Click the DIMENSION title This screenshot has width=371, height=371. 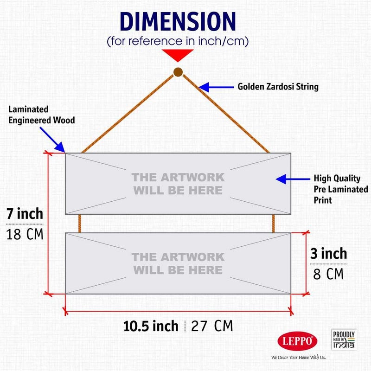(x=178, y=21)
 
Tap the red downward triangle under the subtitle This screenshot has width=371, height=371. (x=178, y=55)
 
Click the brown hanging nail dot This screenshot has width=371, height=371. (x=178, y=72)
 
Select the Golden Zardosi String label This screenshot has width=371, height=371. (x=278, y=87)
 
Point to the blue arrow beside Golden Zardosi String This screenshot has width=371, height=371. (x=216, y=87)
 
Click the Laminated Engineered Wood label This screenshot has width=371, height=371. (x=42, y=115)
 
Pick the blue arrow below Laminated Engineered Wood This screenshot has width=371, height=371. (x=52, y=140)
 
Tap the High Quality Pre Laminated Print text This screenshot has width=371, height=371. (x=341, y=189)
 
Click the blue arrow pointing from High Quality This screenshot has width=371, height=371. (x=293, y=179)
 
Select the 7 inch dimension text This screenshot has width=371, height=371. (x=25, y=214)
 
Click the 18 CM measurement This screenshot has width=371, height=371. (x=25, y=234)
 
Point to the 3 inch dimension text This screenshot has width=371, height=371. (x=329, y=253)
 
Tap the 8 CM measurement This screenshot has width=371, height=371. (x=328, y=274)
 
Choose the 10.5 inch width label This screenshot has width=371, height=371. (x=151, y=326)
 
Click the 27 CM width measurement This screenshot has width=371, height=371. (x=212, y=326)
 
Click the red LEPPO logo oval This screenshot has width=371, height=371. (x=297, y=341)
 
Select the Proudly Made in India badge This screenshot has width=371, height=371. (x=344, y=339)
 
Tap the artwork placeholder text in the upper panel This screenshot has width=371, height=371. (x=178, y=184)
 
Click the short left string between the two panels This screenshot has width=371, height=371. (x=79, y=224)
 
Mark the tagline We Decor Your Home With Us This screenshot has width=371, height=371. (x=299, y=357)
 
